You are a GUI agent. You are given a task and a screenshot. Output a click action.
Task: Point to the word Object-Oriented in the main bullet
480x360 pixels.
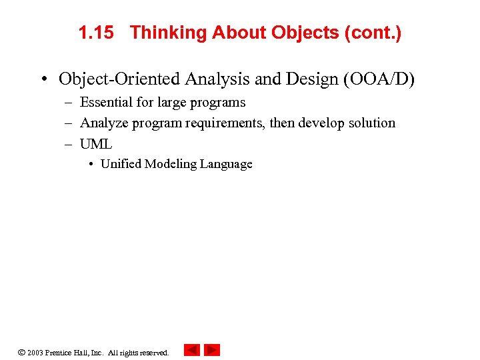(119, 79)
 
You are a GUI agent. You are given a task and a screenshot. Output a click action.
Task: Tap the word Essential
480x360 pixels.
(106, 102)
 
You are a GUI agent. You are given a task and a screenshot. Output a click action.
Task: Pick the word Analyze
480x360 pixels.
(104, 123)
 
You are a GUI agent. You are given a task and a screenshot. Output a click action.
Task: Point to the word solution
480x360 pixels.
(371, 123)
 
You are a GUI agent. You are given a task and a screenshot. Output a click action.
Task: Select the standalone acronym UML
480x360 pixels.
(96, 143)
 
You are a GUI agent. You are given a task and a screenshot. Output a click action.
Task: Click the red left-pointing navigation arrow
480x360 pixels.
(192, 350)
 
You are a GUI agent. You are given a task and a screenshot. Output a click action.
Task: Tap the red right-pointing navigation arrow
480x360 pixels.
(212, 350)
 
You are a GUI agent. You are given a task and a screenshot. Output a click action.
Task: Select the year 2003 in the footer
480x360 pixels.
(35, 352)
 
